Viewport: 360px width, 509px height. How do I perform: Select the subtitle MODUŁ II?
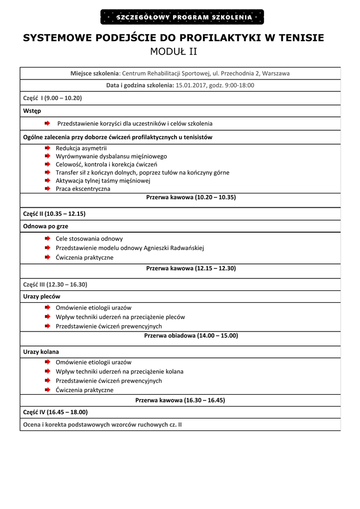pos(174,52)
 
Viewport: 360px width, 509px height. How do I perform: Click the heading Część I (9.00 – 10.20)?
pos(52,98)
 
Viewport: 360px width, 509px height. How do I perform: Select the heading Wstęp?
pos(32,110)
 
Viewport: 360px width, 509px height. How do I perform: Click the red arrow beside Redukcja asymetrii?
pos(47,148)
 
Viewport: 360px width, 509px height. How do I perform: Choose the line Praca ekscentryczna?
pos(83,189)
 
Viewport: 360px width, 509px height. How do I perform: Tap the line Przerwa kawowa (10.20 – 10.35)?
pos(191,197)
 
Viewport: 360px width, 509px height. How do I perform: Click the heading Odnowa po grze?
pos(46,226)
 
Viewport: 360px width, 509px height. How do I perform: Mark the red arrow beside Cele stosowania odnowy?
pos(47,239)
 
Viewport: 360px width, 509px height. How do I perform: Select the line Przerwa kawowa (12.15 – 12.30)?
pos(191,268)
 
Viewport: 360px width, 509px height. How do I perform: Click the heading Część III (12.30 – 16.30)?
pos(55,284)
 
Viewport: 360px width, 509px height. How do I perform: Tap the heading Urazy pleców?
pos(42,296)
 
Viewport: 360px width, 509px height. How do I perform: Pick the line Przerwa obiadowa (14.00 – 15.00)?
pos(191,336)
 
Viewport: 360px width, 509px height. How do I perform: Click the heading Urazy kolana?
pos(41,351)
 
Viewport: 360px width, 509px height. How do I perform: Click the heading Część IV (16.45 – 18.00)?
pos(55,412)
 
